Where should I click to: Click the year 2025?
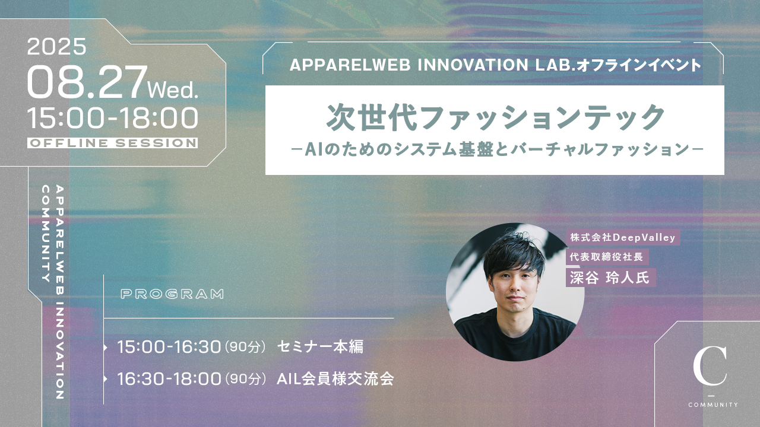pos(56,46)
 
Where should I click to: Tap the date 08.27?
pos(87,82)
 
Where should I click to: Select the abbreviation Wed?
pos(173,90)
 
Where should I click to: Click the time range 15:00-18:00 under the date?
pos(113,118)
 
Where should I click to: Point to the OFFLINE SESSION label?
pos(113,143)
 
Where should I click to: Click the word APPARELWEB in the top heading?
pos(350,65)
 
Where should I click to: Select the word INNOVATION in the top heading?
pos(473,65)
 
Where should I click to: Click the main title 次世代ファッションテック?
pos(495,117)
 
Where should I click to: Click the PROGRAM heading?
pos(172,294)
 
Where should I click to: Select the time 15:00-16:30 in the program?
pos(169,347)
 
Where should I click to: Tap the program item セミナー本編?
pos(320,347)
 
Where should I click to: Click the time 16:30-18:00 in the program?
pos(169,378)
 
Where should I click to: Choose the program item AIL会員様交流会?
pos(335,378)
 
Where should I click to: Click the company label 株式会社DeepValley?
pos(623,238)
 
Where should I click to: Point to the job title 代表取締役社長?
pos(607,257)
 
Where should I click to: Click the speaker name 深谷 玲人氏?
pos(610,278)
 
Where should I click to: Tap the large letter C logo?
pos(710,366)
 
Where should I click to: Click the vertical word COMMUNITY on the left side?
pos(46,234)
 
